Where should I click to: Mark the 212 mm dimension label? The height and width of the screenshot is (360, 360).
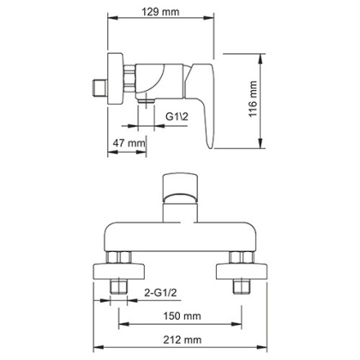[182, 340]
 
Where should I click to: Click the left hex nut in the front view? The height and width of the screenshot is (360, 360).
[118, 261]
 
